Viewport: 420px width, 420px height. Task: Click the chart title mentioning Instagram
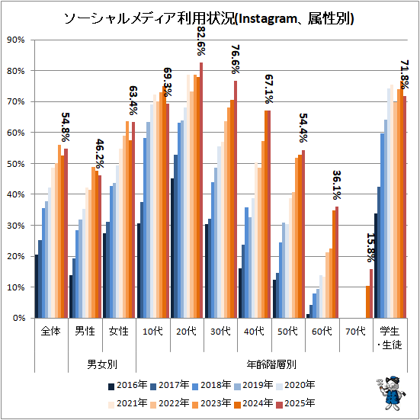click(209, 19)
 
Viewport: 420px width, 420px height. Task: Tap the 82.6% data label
click(201, 41)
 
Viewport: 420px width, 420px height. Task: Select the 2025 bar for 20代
click(201, 190)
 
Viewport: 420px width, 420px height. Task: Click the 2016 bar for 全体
click(37, 287)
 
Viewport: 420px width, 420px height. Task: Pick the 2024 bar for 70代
click(367, 302)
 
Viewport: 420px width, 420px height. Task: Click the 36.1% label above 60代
click(337, 185)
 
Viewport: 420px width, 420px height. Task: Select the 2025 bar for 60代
click(337, 262)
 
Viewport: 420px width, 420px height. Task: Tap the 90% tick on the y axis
click(16, 40)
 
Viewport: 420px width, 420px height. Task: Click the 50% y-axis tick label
click(16, 164)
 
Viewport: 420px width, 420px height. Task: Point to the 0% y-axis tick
click(19, 318)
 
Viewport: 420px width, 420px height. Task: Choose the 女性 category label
click(119, 332)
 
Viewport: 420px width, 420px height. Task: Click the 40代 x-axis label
click(254, 332)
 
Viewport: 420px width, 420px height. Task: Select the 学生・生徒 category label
click(390, 338)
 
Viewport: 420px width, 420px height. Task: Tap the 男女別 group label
click(102, 364)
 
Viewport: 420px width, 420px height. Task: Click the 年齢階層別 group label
click(271, 364)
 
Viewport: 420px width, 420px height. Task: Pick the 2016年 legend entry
click(128, 386)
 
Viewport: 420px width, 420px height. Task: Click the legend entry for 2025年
click(296, 403)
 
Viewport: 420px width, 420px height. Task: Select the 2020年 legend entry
click(296, 386)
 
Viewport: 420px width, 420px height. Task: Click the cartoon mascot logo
click(391, 393)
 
